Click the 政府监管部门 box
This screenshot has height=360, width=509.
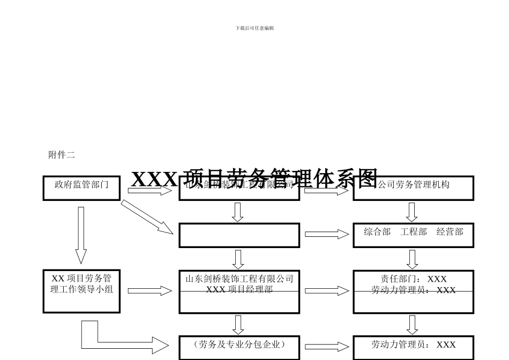(x=81, y=188)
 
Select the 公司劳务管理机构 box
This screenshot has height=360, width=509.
(x=413, y=188)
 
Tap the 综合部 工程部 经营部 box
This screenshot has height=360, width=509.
(x=413, y=235)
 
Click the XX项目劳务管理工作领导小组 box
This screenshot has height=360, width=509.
(x=81, y=291)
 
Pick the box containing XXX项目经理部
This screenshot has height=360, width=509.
(x=239, y=291)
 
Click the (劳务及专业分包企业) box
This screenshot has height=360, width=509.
(x=239, y=347)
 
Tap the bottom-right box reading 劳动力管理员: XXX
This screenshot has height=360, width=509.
(x=413, y=347)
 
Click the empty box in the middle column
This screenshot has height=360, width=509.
(x=239, y=235)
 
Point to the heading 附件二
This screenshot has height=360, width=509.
(x=62, y=155)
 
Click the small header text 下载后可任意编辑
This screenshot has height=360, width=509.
(x=254, y=28)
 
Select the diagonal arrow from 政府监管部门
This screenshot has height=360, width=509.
(x=147, y=216)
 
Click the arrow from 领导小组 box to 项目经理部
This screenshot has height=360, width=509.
(x=149, y=291)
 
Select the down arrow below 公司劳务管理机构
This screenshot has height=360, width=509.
(x=412, y=212)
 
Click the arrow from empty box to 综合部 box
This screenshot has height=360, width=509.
(x=326, y=234)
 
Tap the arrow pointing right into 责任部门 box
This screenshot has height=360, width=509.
(x=326, y=291)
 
